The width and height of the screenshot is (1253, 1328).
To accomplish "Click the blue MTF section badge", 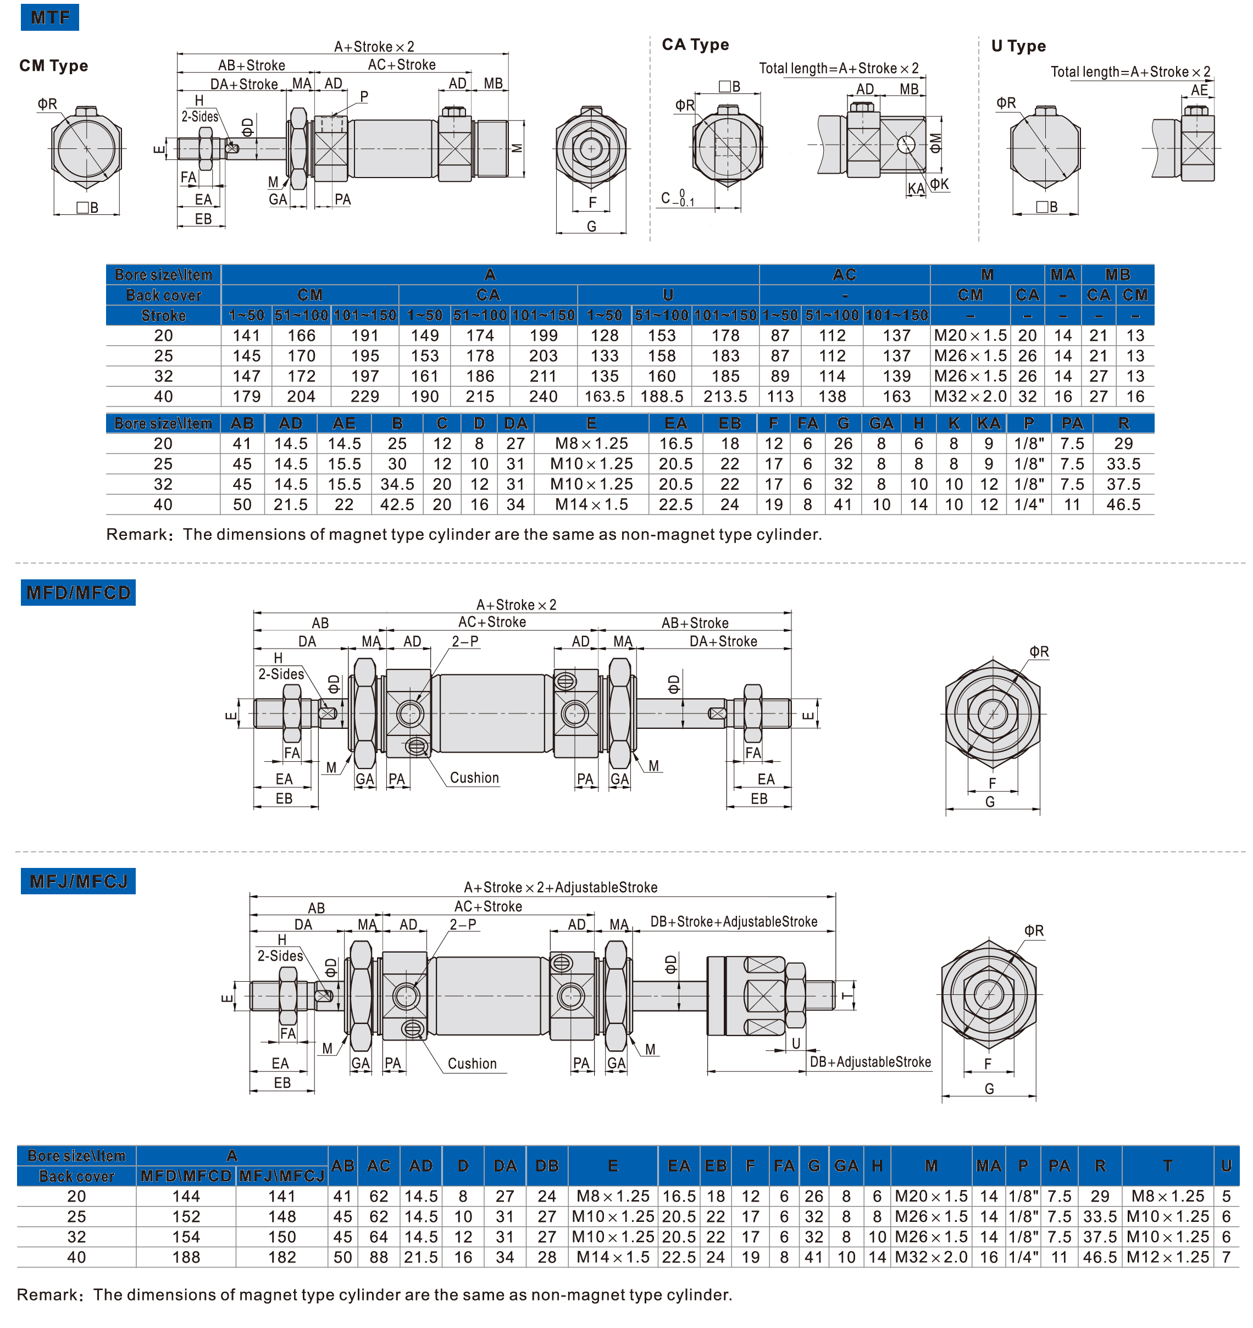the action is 49,16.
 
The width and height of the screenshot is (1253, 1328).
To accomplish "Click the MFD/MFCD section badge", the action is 78,593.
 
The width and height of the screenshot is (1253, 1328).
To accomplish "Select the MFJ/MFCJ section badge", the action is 78,881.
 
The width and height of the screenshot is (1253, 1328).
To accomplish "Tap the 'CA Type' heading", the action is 695,45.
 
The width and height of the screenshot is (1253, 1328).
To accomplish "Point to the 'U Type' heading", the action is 1018,46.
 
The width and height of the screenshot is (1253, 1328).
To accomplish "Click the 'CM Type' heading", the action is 53,65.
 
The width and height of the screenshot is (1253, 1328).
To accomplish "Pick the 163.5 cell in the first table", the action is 605,397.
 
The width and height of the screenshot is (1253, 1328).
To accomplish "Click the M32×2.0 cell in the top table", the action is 970,397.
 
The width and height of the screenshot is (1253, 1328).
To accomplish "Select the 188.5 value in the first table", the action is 662,397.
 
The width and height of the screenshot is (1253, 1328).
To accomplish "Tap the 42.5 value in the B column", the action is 397,505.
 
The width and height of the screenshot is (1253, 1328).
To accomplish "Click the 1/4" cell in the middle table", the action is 1029,505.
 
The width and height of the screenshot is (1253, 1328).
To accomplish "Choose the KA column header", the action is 989,423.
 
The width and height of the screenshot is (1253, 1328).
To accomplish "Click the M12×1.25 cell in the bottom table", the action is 1167,1257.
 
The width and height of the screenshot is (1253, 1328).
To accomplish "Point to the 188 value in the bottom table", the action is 186,1257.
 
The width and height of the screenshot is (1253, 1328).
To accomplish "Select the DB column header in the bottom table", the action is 547,1166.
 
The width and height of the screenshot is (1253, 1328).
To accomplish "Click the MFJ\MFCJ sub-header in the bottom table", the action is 282,1176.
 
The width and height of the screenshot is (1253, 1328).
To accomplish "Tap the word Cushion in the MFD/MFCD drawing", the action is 474,778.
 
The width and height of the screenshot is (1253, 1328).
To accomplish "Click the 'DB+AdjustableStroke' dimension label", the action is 871,1062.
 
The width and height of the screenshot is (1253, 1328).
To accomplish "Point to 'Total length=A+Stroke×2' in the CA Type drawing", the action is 839,68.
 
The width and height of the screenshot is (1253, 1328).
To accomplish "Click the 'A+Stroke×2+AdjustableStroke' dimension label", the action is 561,887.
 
